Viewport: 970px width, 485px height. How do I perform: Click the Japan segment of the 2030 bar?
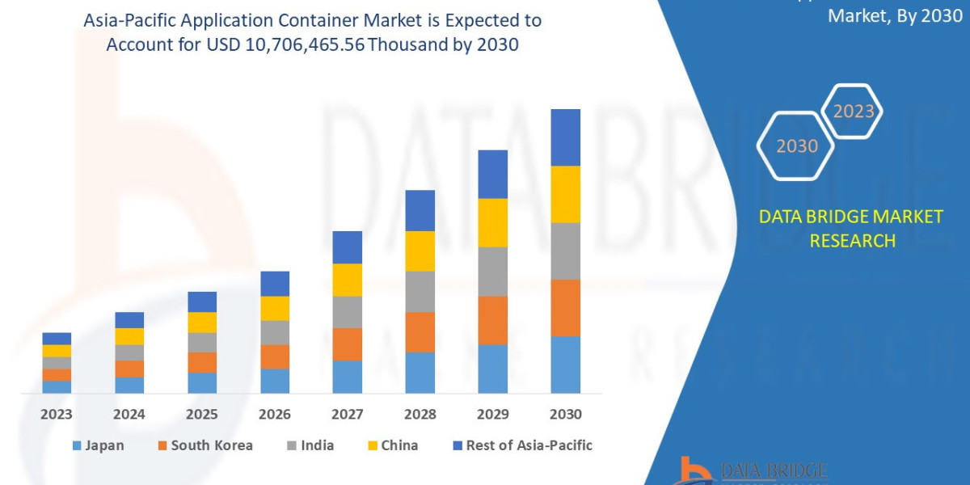(x=565, y=365)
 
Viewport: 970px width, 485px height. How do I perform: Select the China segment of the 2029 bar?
(x=492, y=222)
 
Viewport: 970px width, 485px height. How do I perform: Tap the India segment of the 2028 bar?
(x=420, y=291)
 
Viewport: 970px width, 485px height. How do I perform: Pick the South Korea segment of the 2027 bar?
(x=347, y=344)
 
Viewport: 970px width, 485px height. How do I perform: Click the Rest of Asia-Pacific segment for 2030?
(x=565, y=137)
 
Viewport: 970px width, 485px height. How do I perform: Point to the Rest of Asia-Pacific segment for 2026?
(x=275, y=284)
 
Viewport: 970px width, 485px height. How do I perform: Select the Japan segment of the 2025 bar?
(x=202, y=382)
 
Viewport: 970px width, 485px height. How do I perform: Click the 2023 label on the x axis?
(x=57, y=415)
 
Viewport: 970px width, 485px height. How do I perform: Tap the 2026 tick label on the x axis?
(x=275, y=415)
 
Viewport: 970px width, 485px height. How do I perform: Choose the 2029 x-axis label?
(x=492, y=415)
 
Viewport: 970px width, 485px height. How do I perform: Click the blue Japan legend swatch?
(x=77, y=445)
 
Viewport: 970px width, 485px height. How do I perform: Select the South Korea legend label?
(x=212, y=445)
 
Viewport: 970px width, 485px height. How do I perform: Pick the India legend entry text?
(x=317, y=445)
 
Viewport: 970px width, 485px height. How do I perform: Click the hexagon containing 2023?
(x=853, y=112)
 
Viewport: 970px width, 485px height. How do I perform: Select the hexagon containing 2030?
(x=796, y=146)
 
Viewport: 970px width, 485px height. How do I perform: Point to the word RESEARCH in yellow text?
(x=852, y=241)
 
